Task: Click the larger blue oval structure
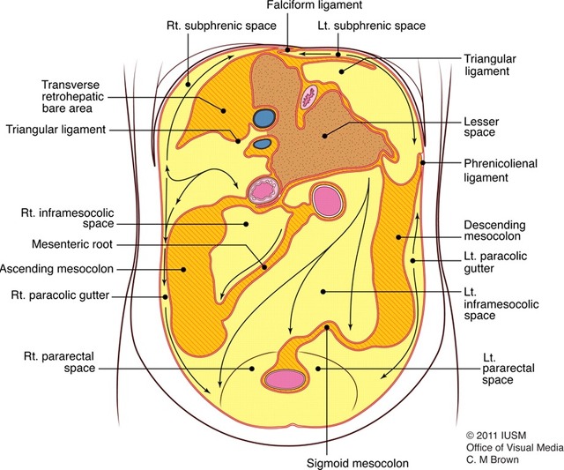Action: (x=263, y=116)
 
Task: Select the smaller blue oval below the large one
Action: (x=262, y=144)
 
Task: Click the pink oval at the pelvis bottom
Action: (x=287, y=377)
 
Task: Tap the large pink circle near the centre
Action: (x=328, y=201)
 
